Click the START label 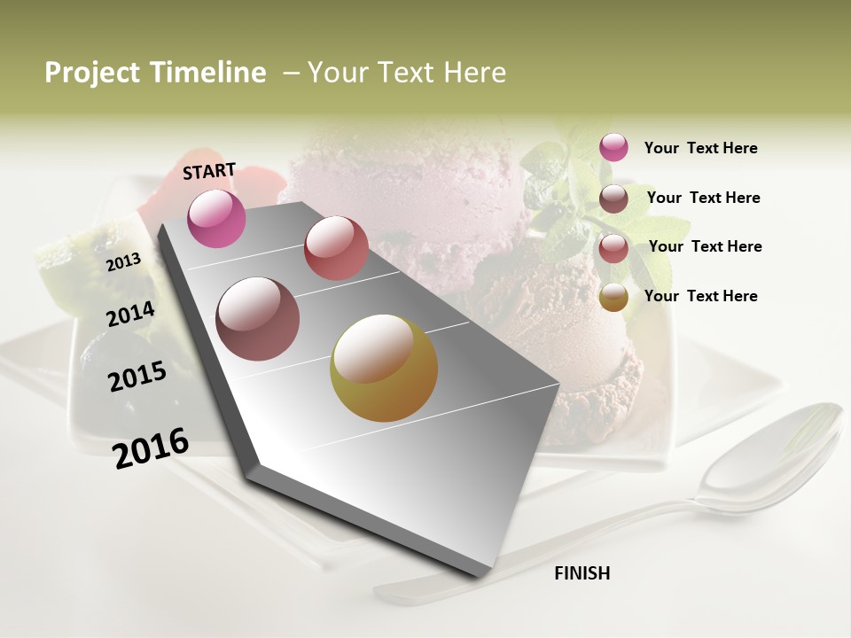click(x=209, y=171)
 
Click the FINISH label click(x=582, y=573)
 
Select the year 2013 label click(x=123, y=262)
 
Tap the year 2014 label click(x=130, y=315)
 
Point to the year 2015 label click(x=137, y=377)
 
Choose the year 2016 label click(x=151, y=447)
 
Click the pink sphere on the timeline click(x=216, y=218)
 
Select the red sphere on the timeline click(x=336, y=248)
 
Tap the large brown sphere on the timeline click(x=258, y=319)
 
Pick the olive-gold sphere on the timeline click(x=384, y=368)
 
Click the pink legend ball click(x=613, y=147)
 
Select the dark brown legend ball click(x=613, y=198)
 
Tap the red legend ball click(x=613, y=248)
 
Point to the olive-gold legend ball click(x=613, y=298)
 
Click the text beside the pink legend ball click(x=700, y=148)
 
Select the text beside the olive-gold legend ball click(x=700, y=296)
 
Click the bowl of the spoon click(x=771, y=456)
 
